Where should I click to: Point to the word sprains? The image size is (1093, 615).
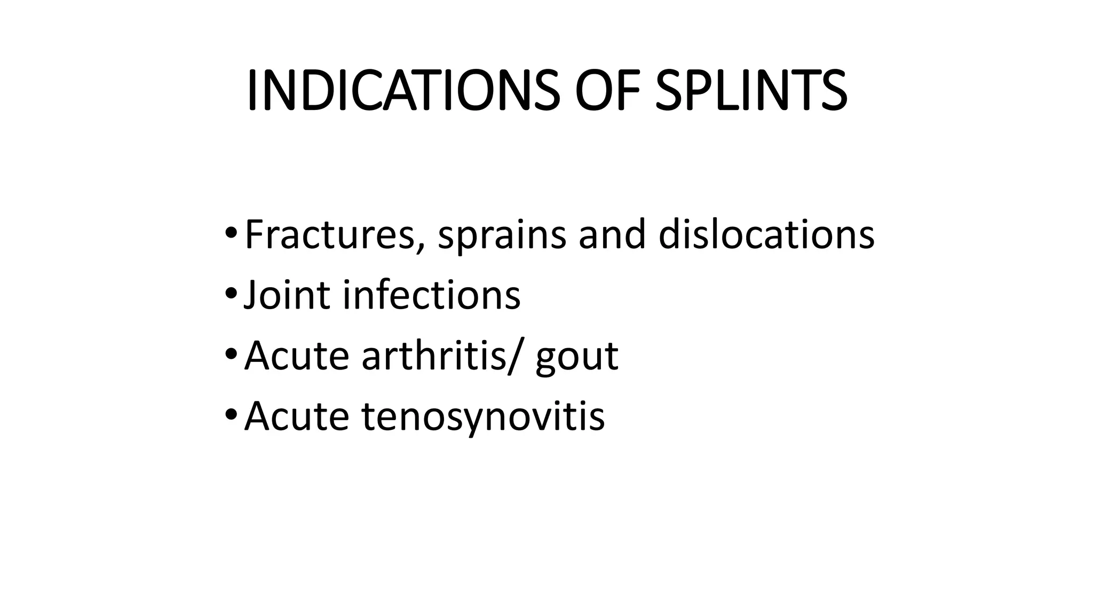502,236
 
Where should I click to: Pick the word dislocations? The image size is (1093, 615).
766,235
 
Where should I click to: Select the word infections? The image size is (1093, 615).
431,295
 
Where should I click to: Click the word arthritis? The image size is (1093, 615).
433,356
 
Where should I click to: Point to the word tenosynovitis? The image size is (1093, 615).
483,416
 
